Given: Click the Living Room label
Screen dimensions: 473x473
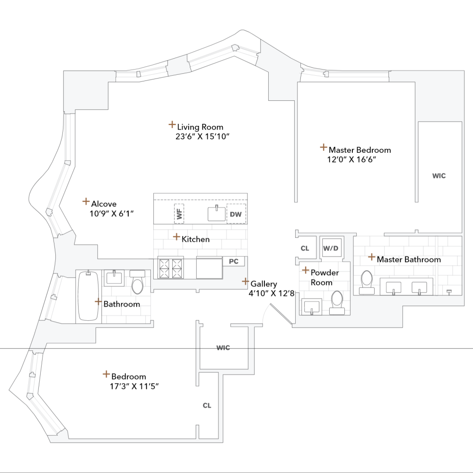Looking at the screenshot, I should tap(200, 127).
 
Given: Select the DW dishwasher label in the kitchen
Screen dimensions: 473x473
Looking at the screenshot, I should tap(236, 215).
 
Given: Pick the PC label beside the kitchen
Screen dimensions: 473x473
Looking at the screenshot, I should tap(233, 261).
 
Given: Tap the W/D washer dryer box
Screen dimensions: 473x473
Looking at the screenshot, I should tap(330, 248).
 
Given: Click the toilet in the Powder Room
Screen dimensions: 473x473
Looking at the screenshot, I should tap(337, 302).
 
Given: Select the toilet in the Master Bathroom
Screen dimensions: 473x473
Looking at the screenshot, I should tap(367, 280).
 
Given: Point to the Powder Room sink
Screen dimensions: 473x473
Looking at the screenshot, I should tap(312, 307).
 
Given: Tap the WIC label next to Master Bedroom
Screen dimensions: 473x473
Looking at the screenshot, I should tap(439, 175).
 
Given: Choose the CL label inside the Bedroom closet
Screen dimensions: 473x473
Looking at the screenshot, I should tap(207, 405).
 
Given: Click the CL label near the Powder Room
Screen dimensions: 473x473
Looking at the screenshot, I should tap(305, 248).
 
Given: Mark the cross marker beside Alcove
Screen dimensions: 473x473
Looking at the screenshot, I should tap(86, 201).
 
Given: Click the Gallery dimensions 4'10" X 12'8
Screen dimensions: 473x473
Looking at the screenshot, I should tap(272, 293).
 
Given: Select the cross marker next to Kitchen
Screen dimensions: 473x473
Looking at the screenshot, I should tap(176, 236).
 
